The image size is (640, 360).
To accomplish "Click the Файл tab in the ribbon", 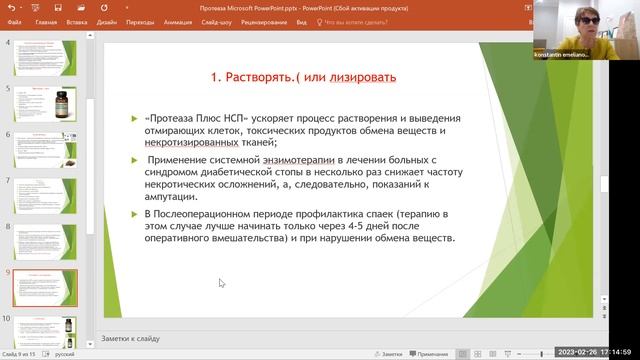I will pos(14,20).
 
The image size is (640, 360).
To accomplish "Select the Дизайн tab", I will pos(108,20).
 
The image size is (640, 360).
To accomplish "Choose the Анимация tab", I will pos(181,20).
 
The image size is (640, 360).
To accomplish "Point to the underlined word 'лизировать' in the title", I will pos(361,77).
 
